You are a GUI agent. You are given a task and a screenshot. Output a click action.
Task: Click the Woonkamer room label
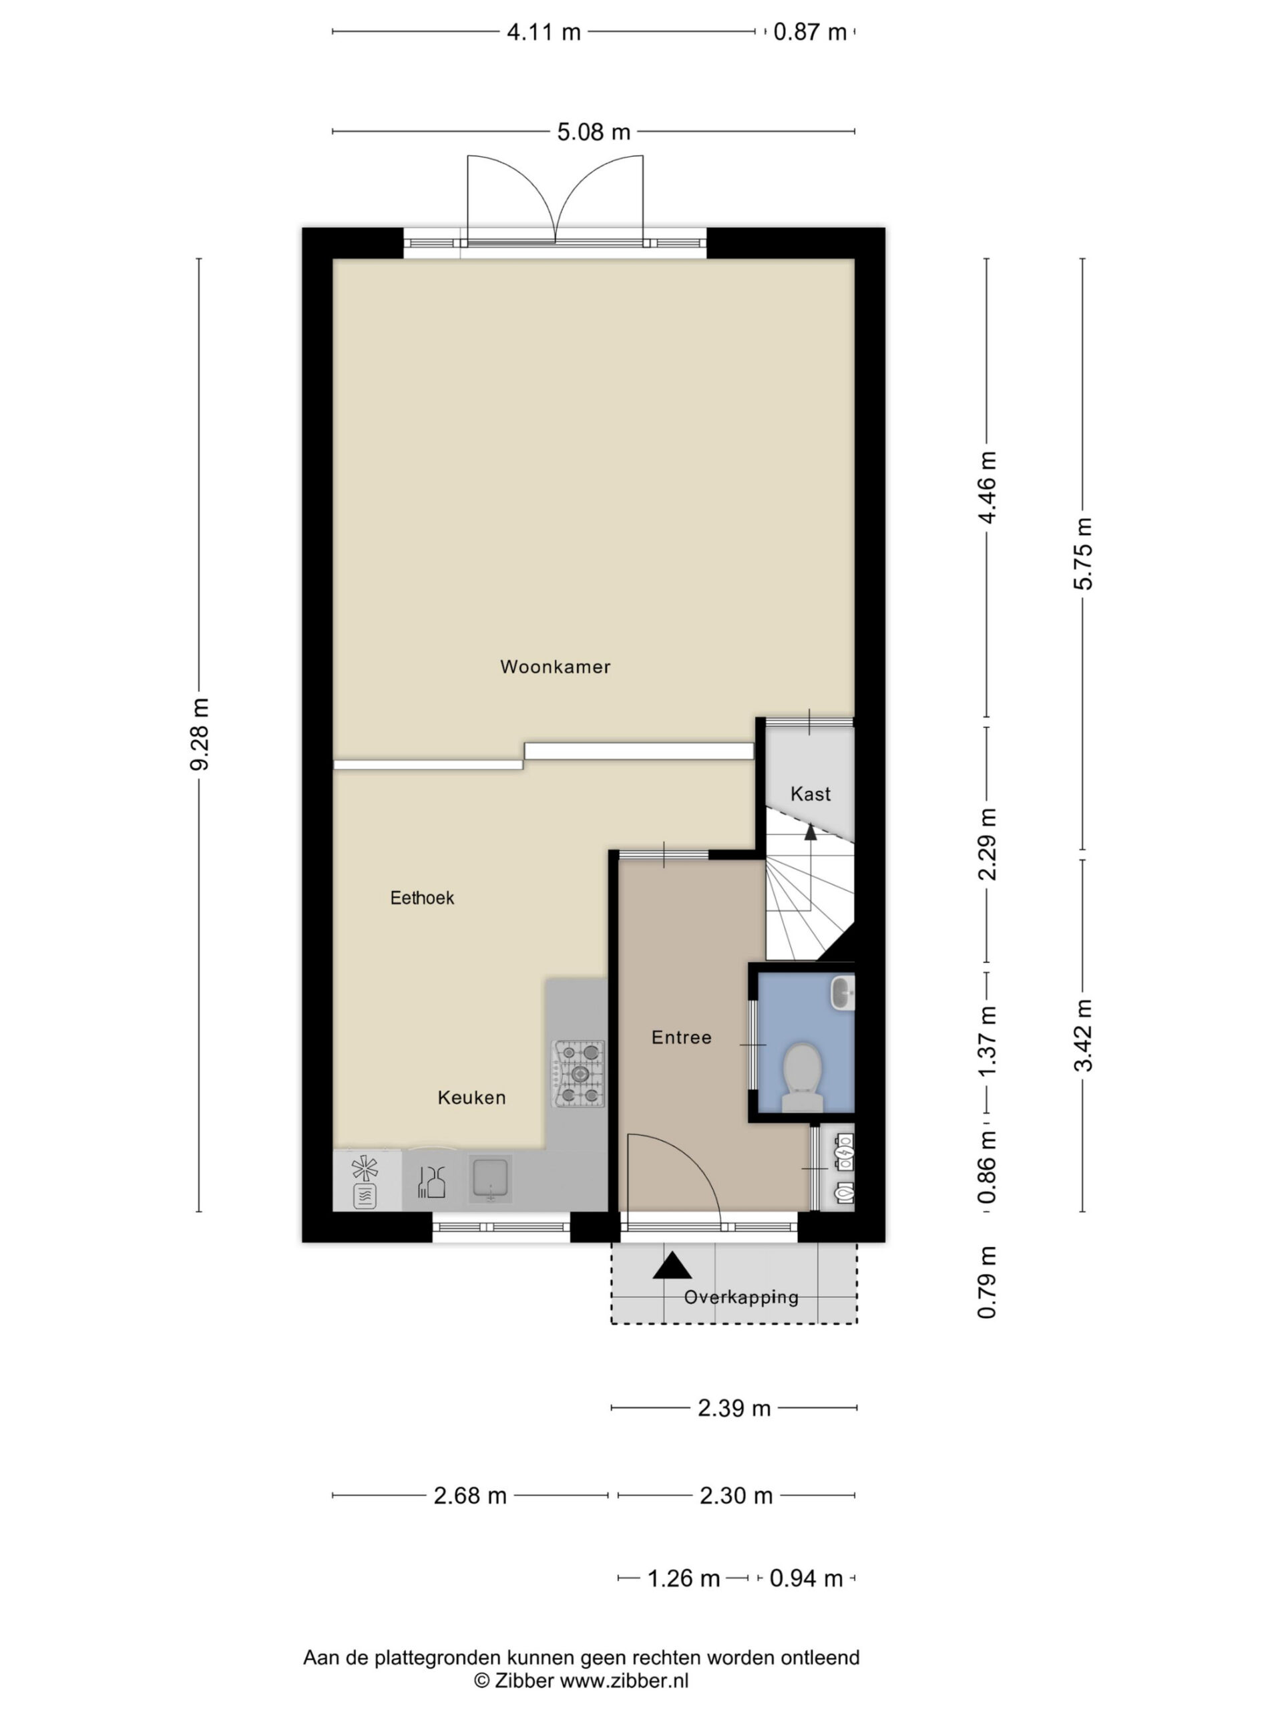point(555,667)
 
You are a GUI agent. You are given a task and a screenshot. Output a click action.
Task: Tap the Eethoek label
point(422,898)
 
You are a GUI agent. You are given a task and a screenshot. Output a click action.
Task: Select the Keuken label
point(471,1097)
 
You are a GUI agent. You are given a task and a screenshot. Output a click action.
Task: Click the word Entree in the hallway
point(681,1037)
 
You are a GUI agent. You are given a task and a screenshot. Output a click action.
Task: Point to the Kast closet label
point(811,793)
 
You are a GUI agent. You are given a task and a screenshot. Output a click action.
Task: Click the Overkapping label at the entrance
point(741,1297)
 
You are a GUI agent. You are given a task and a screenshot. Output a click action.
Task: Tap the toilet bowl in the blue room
point(802,1077)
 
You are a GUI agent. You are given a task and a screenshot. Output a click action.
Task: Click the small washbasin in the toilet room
point(842,993)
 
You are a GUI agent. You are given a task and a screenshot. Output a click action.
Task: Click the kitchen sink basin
point(491,1180)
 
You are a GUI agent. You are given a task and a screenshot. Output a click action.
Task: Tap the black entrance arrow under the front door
point(672,1266)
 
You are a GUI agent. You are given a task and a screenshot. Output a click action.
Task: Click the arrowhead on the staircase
point(811,832)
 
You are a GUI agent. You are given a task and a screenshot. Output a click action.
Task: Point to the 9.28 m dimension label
point(200,734)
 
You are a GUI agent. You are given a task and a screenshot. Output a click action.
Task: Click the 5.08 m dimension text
point(594,132)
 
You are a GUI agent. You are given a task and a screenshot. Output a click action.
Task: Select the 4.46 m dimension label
point(988,487)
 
